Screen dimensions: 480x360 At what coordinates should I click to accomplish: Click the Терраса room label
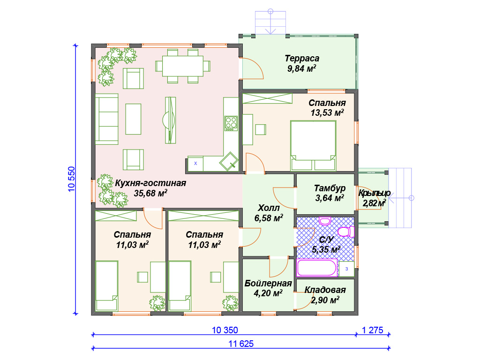[x=302, y=58]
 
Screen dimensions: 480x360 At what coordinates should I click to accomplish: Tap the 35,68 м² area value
[x=150, y=193]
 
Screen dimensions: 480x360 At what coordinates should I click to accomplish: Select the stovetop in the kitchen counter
[x=231, y=123]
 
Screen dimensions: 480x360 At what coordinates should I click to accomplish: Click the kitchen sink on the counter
[x=229, y=161]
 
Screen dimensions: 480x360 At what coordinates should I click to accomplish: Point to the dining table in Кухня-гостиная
[x=183, y=66]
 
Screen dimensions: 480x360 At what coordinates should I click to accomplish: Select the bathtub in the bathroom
[x=317, y=268]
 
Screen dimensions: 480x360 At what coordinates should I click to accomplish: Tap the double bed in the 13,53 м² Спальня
[x=313, y=145]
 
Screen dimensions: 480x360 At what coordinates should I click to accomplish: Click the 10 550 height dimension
[x=71, y=179]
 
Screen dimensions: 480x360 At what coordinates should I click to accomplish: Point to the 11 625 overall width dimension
[x=241, y=344]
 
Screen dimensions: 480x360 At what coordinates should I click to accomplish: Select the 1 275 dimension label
[x=373, y=330]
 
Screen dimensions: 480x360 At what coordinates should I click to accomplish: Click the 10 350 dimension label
[x=225, y=330]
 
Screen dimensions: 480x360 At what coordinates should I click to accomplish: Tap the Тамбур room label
[x=330, y=188]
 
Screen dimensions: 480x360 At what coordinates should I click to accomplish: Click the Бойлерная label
[x=268, y=284]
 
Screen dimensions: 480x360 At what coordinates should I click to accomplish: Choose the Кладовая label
[x=325, y=290]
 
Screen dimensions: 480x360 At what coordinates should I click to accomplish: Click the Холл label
[x=269, y=208]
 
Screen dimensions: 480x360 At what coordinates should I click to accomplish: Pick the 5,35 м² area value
[x=326, y=249]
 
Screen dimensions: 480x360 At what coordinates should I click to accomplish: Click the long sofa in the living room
[x=106, y=119]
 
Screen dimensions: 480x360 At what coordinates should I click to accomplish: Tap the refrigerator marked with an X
[x=195, y=164]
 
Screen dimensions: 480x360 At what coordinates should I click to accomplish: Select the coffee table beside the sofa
[x=133, y=119]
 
